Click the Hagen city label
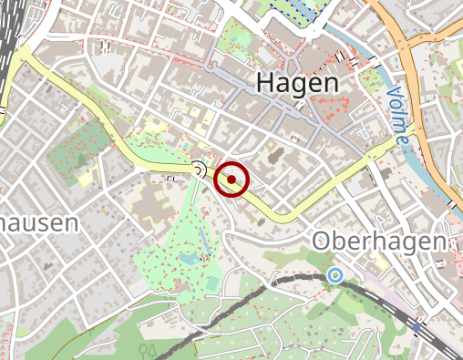click(297, 82)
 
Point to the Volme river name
click(397, 116)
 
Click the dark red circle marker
click(231, 179)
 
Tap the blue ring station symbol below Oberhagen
click(334, 274)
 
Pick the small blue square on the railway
click(417, 326)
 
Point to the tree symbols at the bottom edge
click(148, 349)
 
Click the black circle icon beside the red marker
click(199, 167)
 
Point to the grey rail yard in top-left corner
click(9, 36)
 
